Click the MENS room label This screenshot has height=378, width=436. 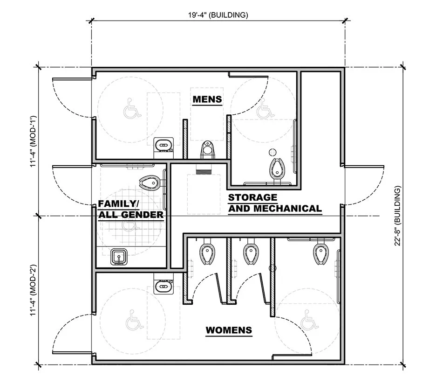tap(207, 99)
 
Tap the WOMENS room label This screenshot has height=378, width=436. tap(229, 330)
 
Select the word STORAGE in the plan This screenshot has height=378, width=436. tap(252, 197)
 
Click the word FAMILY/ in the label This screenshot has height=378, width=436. tap(118, 204)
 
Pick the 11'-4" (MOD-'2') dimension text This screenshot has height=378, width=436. tap(32, 291)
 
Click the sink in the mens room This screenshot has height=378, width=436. tap(163, 145)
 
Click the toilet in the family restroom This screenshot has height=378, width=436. tap(152, 182)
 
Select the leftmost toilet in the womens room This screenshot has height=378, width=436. tap(205, 253)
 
